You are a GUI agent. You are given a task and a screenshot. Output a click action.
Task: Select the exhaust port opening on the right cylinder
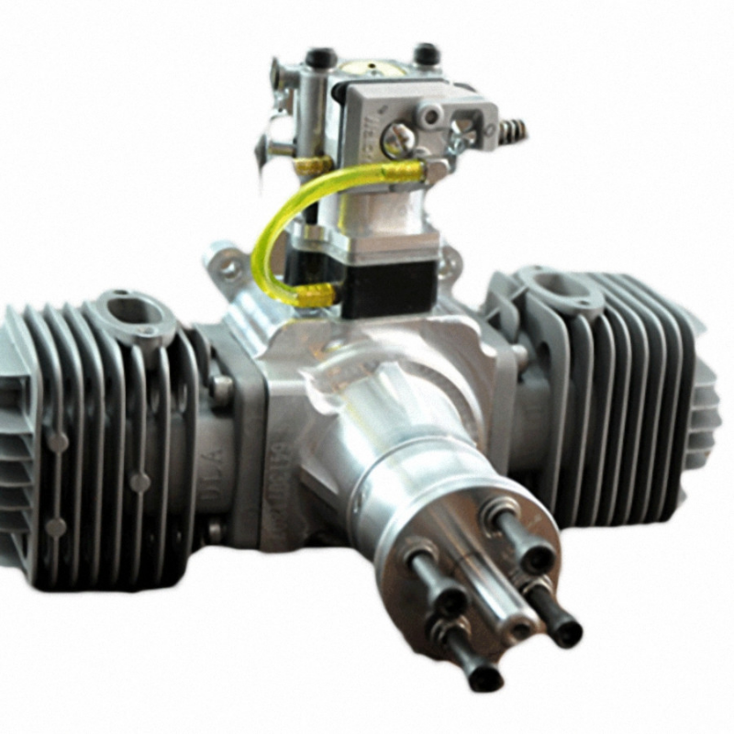(562, 284)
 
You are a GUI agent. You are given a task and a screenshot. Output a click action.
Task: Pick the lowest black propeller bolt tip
(484, 678)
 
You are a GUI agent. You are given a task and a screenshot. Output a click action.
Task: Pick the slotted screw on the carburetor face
(396, 138)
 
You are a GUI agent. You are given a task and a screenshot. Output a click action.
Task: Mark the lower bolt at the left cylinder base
(215, 530)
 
